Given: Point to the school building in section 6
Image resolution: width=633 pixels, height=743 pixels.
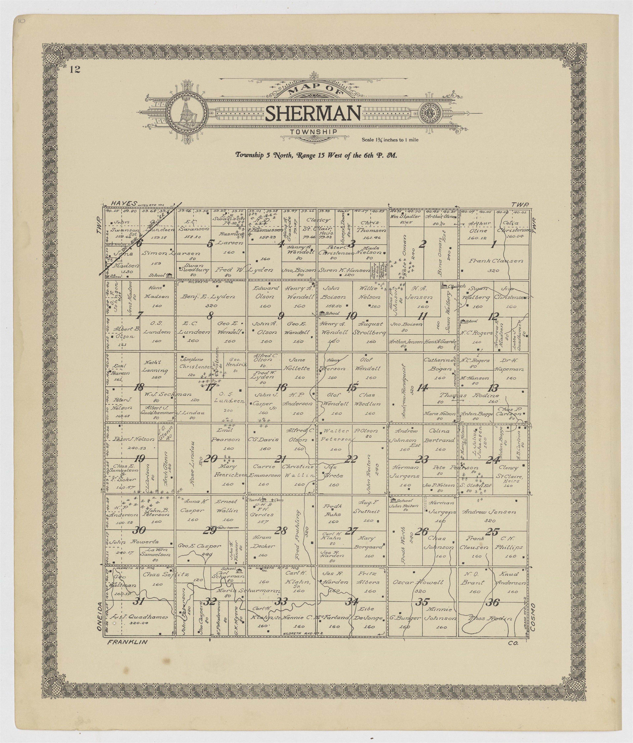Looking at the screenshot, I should click(x=169, y=275).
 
